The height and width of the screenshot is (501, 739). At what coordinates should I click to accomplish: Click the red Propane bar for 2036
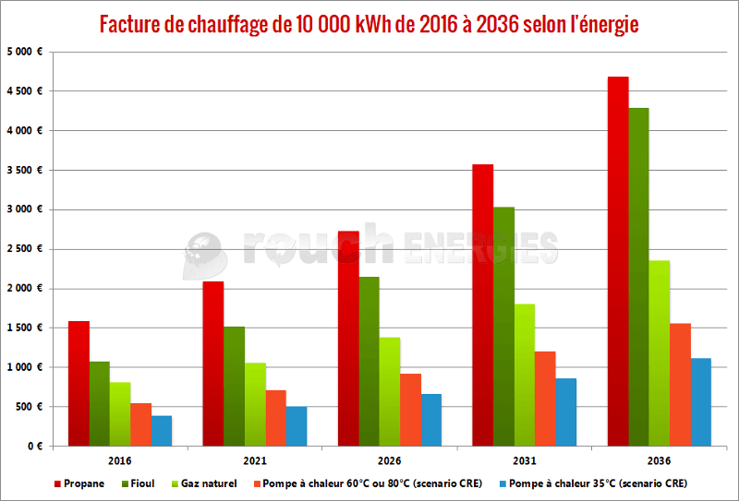(x=618, y=261)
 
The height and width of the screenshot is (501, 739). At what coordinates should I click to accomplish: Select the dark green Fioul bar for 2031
(x=503, y=327)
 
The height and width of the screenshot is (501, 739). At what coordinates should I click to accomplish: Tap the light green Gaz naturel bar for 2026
(x=390, y=392)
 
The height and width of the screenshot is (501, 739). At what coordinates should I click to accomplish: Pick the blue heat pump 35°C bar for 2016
(x=162, y=431)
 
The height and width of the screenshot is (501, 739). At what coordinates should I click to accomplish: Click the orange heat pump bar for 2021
(x=275, y=418)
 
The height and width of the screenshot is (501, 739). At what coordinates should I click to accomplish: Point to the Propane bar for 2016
(x=79, y=384)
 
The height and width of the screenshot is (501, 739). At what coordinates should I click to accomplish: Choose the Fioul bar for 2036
(x=638, y=277)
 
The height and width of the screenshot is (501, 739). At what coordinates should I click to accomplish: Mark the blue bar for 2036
(x=701, y=402)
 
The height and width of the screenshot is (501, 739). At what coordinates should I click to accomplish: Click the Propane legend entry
(x=79, y=483)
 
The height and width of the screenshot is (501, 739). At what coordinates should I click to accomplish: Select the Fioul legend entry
(x=139, y=483)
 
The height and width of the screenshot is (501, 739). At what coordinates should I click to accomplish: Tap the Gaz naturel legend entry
(x=204, y=483)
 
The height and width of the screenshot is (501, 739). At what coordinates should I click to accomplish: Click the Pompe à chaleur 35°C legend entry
(x=593, y=483)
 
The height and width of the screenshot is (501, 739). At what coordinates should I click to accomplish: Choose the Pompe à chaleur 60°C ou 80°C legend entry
(x=368, y=483)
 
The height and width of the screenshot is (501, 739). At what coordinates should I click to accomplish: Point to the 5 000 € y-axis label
(x=25, y=52)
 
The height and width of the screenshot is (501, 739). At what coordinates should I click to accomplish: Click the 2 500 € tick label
(x=25, y=248)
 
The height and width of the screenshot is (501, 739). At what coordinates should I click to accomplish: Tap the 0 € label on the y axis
(x=35, y=446)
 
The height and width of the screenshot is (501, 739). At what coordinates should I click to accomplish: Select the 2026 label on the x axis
(x=389, y=460)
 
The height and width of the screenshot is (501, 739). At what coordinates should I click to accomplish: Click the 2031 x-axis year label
(x=524, y=460)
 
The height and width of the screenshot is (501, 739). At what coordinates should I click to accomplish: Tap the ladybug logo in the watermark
(x=204, y=256)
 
